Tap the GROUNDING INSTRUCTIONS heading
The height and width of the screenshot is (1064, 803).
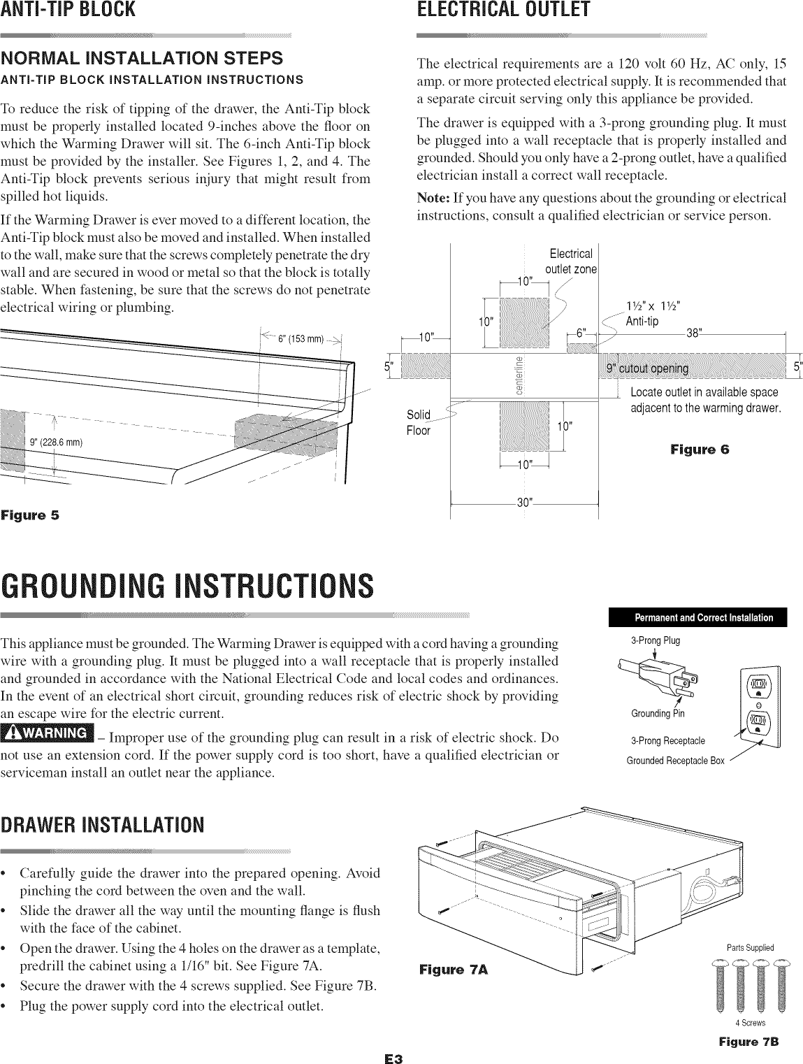187,586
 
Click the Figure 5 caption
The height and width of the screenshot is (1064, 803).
30,516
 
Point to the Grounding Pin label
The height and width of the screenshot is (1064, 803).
653,714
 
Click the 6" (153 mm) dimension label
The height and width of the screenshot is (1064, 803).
301,340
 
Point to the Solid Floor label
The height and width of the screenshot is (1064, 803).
419,422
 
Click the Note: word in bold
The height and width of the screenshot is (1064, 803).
431,198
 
